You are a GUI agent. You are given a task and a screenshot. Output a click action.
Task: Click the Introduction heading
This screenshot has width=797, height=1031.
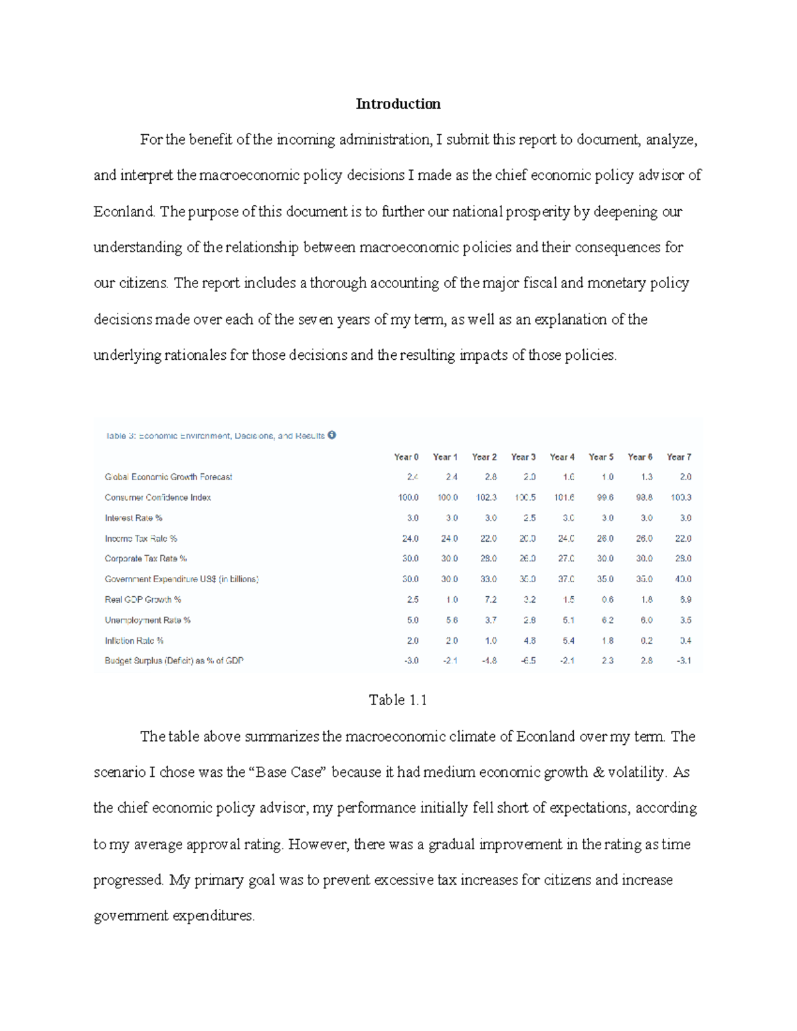click(x=398, y=104)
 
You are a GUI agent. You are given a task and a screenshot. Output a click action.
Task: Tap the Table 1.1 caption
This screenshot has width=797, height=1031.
click(x=398, y=700)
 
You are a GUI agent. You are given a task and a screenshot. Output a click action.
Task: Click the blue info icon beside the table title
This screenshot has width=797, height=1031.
click(x=332, y=436)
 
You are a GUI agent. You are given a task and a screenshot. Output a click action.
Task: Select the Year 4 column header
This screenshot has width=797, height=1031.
click(x=562, y=457)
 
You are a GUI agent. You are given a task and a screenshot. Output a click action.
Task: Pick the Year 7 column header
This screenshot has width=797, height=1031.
click(x=679, y=457)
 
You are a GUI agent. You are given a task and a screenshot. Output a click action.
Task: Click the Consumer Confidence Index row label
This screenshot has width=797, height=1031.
click(x=157, y=497)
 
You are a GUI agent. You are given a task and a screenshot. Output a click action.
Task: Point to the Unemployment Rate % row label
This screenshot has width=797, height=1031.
click(x=147, y=620)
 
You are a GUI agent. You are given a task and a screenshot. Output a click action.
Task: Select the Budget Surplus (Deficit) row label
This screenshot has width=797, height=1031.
click(x=174, y=661)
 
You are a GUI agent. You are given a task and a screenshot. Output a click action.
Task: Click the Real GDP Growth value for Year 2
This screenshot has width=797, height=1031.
click(x=490, y=599)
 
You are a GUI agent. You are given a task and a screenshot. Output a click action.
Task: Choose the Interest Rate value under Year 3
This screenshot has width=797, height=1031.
click(x=529, y=518)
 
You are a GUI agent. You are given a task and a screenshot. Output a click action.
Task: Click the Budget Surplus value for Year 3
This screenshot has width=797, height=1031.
click(x=528, y=661)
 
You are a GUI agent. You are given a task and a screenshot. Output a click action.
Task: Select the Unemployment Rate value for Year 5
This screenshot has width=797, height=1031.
click(x=607, y=620)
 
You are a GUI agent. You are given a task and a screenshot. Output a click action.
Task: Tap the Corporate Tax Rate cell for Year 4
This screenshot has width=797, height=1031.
click(x=566, y=558)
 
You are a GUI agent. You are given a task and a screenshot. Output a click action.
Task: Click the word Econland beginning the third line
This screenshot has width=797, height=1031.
click(x=124, y=212)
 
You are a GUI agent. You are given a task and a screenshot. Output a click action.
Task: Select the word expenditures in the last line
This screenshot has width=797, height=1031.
click(x=214, y=915)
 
